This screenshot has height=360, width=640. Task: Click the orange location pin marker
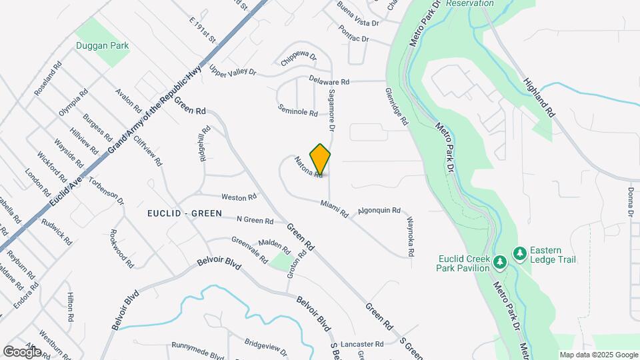tap(321, 159)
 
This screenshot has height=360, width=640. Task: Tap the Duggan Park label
tap(102, 46)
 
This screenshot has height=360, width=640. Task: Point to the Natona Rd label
tap(309, 167)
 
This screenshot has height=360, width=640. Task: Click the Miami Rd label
tap(334, 209)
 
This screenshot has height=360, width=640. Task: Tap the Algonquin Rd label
tap(379, 210)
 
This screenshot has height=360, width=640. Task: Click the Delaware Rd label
tap(329, 81)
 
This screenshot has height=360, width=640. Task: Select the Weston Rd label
tap(239, 197)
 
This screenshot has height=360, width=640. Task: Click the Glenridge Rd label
tap(395, 107)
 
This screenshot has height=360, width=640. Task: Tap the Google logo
tap(22, 351)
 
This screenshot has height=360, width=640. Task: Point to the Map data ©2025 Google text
tap(599, 355)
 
